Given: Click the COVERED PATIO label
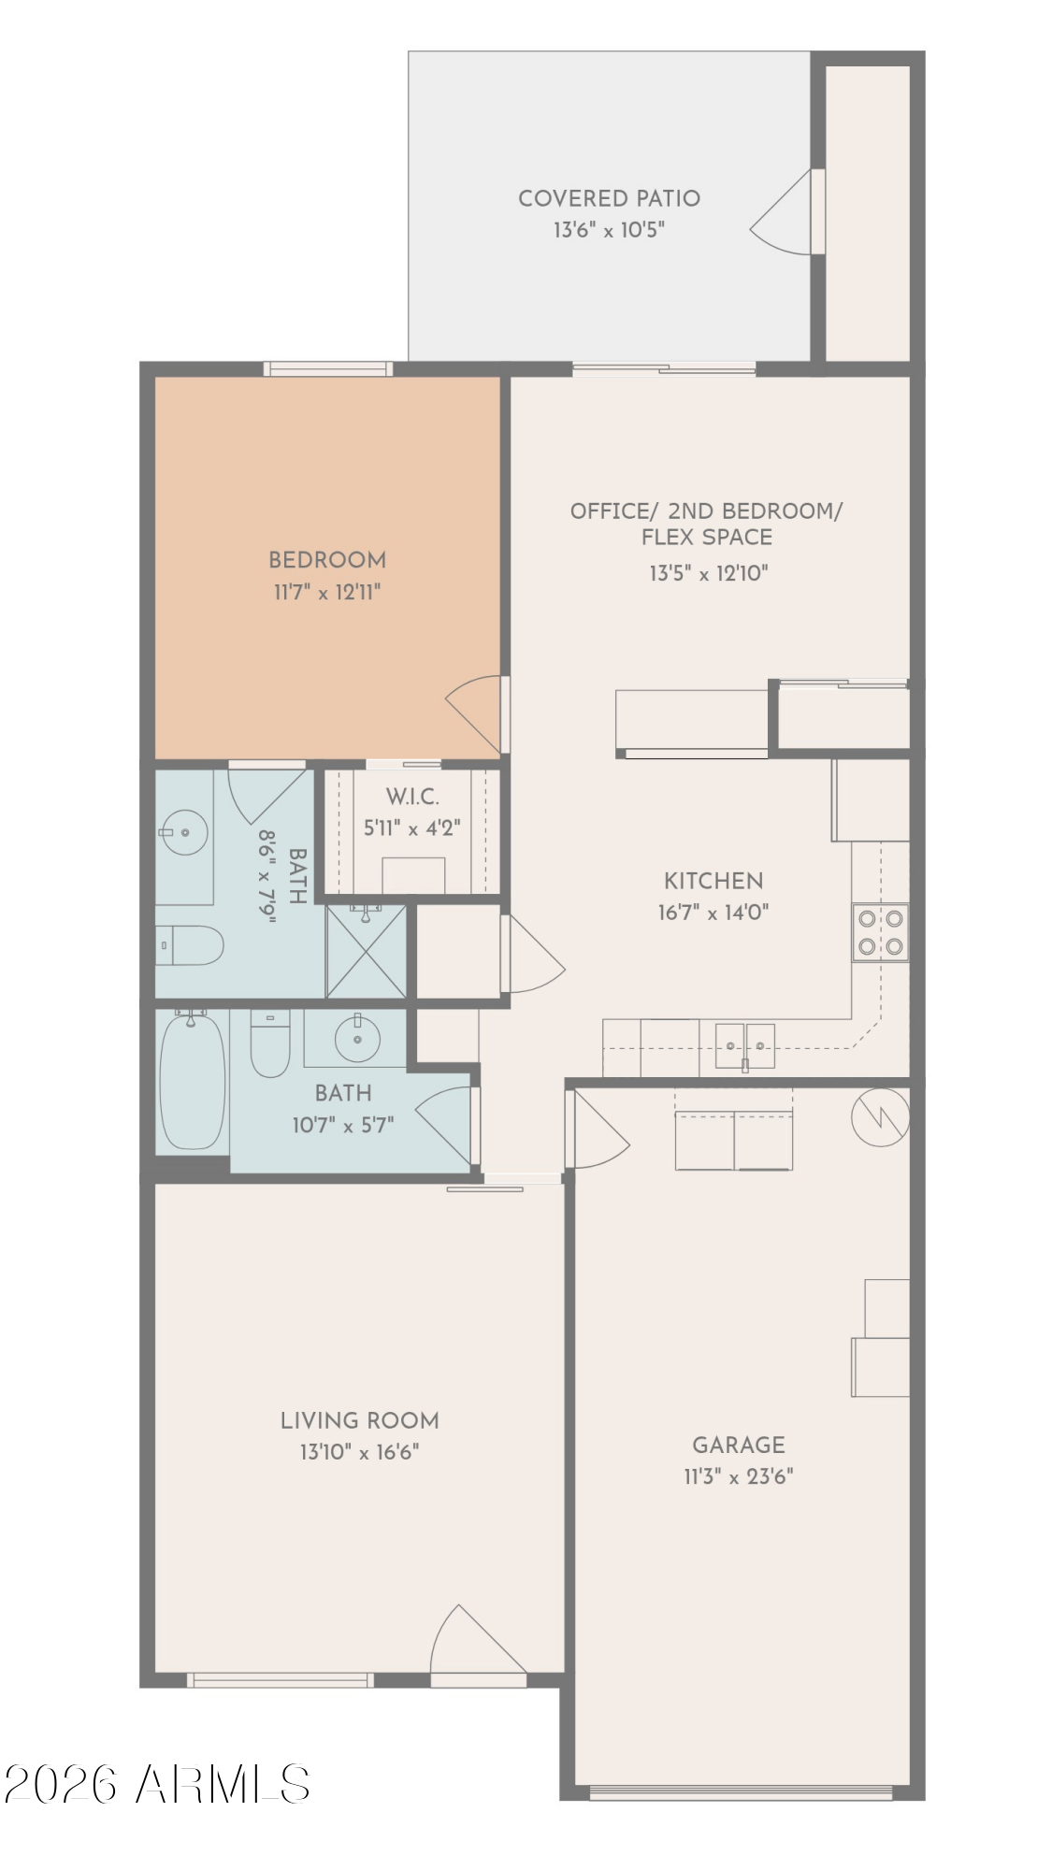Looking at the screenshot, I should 609,198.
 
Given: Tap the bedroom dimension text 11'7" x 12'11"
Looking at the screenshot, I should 327,592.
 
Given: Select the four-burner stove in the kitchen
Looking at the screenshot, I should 879,932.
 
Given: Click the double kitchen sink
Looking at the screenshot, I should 744,1045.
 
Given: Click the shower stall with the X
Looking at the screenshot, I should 366,951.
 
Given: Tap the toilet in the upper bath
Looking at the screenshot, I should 189,946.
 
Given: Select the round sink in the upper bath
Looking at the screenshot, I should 182,831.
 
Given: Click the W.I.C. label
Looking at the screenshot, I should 412,798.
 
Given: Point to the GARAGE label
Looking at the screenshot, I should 738,1445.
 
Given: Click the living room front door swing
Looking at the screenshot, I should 472,1643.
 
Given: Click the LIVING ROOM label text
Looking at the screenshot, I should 359,1420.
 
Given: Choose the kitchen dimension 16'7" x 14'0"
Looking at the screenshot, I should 713,913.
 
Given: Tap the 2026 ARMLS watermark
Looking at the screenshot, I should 156,1784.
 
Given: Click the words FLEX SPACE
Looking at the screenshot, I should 706,538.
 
